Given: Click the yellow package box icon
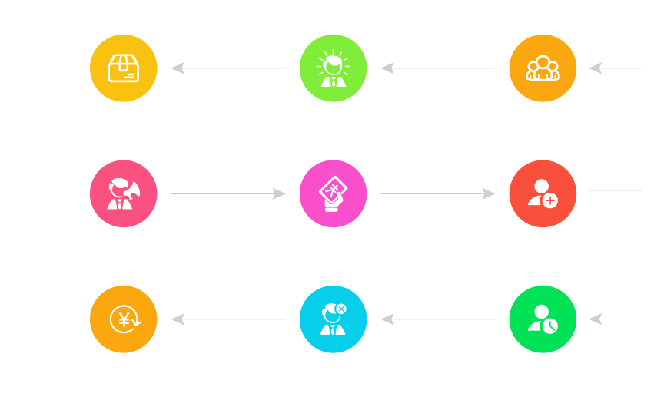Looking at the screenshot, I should pos(124,68).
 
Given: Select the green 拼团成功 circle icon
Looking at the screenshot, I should pos(333,68).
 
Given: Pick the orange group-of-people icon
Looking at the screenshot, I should pos(543,68).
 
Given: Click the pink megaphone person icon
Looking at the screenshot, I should pos(124,193).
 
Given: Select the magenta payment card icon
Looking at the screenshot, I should pos(333,193).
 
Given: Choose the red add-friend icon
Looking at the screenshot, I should pos(543,193).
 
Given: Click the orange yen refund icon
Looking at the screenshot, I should pos(124,319).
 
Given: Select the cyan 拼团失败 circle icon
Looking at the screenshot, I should pos(333,319).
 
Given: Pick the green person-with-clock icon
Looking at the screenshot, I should pos(543,319).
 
